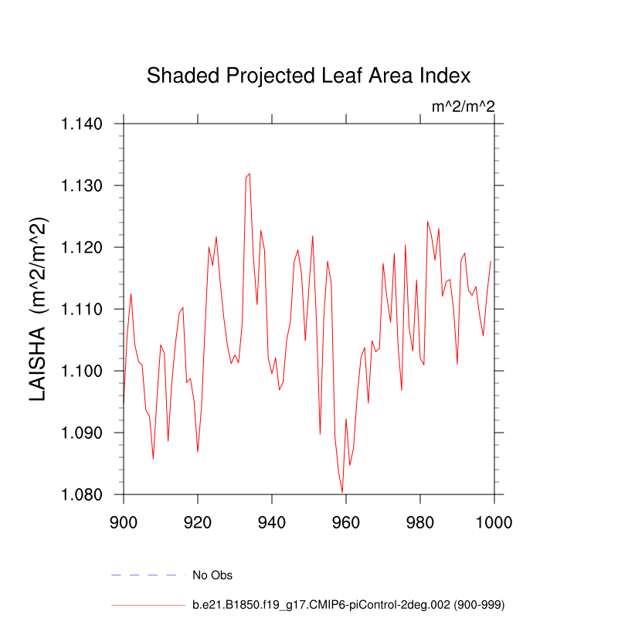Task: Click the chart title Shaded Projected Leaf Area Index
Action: click(x=308, y=76)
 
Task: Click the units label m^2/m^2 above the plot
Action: click(x=463, y=107)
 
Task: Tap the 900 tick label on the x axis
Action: click(x=124, y=521)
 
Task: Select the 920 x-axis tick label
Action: click(x=198, y=521)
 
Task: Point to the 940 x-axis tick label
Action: click(x=272, y=521)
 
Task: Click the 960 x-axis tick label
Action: click(x=346, y=521)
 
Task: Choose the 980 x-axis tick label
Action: click(x=420, y=521)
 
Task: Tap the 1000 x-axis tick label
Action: click(x=494, y=521)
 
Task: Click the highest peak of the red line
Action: click(x=250, y=174)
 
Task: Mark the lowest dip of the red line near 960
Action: click(x=342, y=492)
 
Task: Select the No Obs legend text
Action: click(x=212, y=576)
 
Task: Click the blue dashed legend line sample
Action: click(x=148, y=575)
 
